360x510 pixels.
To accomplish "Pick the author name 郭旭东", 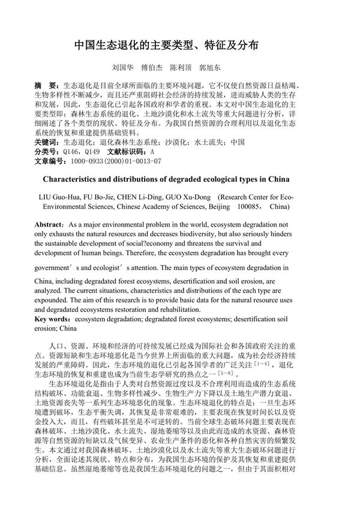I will coord(209,68).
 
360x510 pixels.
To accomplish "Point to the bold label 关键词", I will coord(46,142).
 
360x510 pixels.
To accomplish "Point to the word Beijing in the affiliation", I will coord(217,206).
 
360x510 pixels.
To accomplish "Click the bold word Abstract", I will coord(50,223).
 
